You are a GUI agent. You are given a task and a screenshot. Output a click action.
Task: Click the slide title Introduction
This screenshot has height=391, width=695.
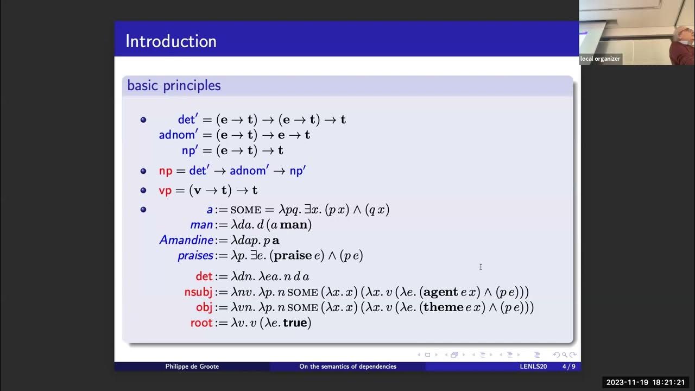(x=170, y=41)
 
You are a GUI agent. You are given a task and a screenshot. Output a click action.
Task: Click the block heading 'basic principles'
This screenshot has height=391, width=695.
(x=174, y=85)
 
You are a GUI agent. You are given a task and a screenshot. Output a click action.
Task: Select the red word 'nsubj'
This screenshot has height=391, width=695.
(x=198, y=292)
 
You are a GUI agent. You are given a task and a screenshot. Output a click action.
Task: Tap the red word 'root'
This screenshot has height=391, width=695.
(x=201, y=323)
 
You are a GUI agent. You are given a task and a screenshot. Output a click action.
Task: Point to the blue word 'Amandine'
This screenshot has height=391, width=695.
(x=186, y=240)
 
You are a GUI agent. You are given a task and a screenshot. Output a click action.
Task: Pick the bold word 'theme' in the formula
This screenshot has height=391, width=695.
(x=443, y=307)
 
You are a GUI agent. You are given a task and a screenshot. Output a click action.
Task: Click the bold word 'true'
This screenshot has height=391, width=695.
(x=295, y=323)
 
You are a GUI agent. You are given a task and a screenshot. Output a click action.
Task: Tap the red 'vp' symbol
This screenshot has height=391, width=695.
(x=165, y=190)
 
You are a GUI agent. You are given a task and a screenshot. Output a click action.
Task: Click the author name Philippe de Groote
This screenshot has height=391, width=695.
(x=193, y=367)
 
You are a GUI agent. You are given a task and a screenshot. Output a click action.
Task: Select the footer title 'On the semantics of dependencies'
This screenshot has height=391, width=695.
(x=347, y=367)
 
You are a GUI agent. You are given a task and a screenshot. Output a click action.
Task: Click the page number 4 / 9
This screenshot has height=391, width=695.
(x=568, y=367)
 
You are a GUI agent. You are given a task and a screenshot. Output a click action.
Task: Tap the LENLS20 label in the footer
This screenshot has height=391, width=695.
(x=533, y=367)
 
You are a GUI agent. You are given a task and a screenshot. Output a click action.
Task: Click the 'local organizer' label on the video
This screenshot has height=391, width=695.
(x=600, y=59)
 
